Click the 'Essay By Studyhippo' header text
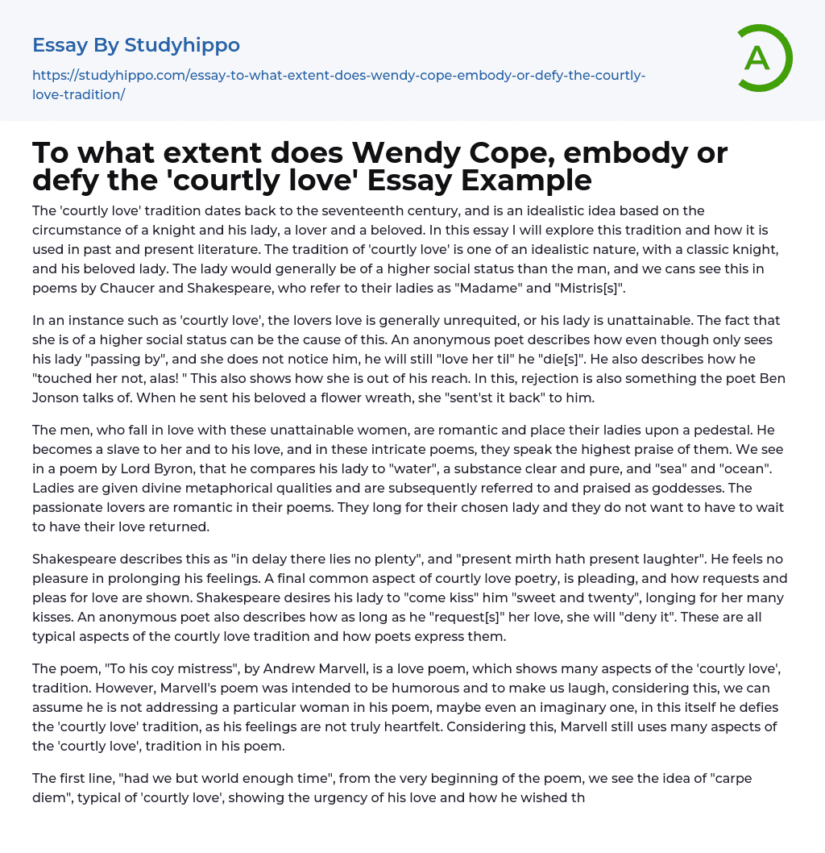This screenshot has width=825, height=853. coord(136,45)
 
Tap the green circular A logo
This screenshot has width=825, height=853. coord(760,58)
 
